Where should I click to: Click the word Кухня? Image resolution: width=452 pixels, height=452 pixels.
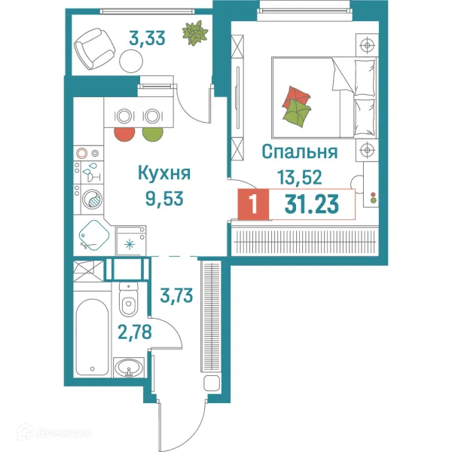[x=163, y=173]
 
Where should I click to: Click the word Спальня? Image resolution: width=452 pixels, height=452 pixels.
[x=298, y=152]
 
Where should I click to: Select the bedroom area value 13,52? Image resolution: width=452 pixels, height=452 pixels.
[x=299, y=179]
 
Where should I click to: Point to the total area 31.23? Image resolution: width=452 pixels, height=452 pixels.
[x=310, y=203]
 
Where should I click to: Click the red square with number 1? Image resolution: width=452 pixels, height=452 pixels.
[x=253, y=204]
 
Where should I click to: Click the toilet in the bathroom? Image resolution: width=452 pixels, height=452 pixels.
[x=129, y=302]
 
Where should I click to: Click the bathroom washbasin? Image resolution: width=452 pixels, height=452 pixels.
[x=129, y=368]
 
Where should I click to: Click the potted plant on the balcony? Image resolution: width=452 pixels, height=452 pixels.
[x=196, y=33]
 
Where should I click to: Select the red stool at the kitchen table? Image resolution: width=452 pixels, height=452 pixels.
[x=124, y=133]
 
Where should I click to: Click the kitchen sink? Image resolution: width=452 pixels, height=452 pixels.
[x=93, y=235]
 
